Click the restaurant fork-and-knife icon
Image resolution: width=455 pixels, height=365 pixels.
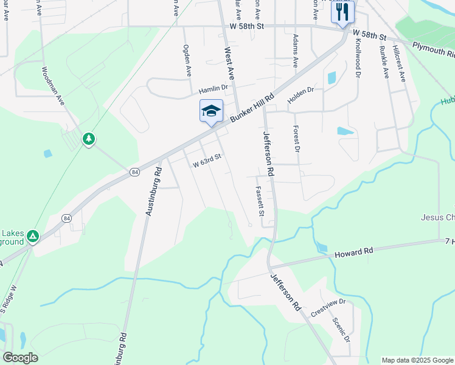pyautogui.click(x=342, y=11)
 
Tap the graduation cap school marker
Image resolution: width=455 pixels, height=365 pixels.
pyautogui.click(x=211, y=111)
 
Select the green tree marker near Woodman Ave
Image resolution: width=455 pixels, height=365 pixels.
pyautogui.click(x=89, y=139)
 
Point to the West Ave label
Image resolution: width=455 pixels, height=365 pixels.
pyautogui.click(x=229, y=64)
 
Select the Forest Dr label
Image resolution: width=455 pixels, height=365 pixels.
pyautogui.click(x=297, y=139)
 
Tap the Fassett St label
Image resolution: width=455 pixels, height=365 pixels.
pyautogui.click(x=260, y=201)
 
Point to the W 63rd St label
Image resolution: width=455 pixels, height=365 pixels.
pyautogui.click(x=206, y=162)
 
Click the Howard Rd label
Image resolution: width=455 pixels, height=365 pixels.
pyautogui.click(x=353, y=252)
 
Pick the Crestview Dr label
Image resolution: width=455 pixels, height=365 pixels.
pyautogui.click(x=328, y=307)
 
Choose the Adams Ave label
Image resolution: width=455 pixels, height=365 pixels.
pyautogui.click(x=296, y=51)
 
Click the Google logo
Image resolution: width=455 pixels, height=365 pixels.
pyautogui.click(x=21, y=357)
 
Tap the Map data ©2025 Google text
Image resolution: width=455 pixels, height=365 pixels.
pyautogui.click(x=417, y=360)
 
